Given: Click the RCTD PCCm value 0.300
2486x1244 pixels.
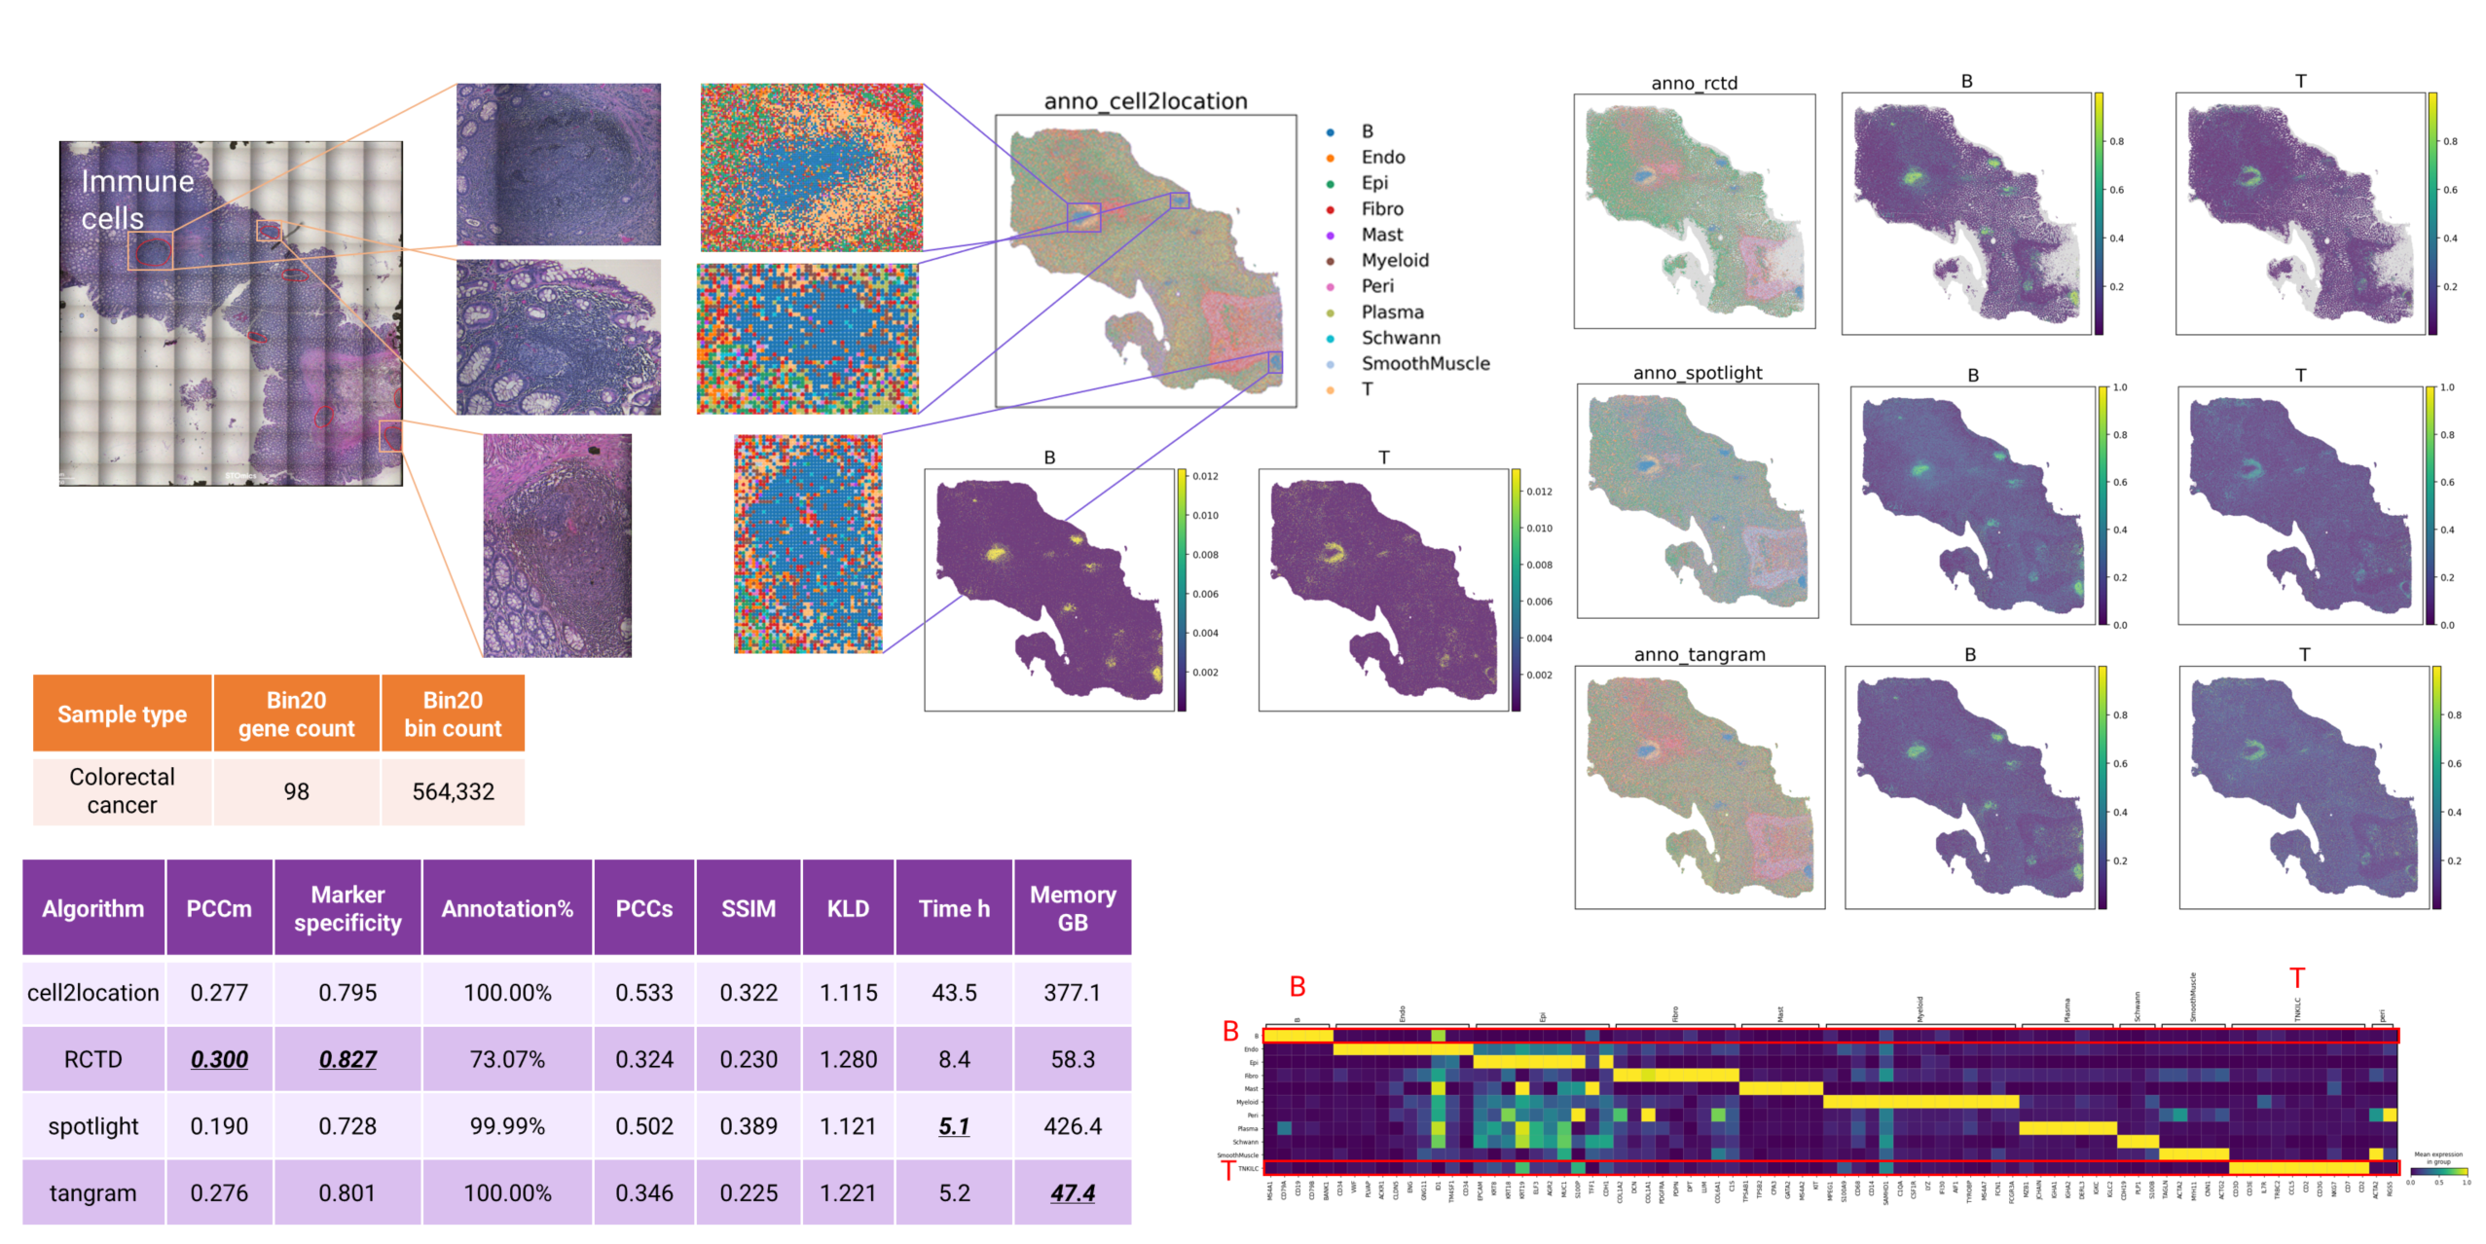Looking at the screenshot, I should [x=219, y=1059].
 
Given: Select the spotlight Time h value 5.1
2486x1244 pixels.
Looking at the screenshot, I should [x=953, y=1126].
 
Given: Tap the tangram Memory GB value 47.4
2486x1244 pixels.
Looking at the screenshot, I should [x=1072, y=1192].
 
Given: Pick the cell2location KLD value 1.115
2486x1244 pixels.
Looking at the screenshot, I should [x=847, y=993].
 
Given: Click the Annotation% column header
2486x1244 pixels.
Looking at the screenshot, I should [x=506, y=908].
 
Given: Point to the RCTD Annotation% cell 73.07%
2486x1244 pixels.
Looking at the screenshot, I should [x=506, y=1059].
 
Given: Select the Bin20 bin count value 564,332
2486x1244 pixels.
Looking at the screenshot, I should [x=453, y=791].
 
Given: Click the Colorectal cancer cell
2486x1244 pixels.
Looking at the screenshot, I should [x=122, y=790].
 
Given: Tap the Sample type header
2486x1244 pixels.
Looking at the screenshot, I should [x=122, y=714].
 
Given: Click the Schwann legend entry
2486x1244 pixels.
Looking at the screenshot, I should [x=1400, y=338].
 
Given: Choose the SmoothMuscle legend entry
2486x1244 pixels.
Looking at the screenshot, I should [x=1424, y=363].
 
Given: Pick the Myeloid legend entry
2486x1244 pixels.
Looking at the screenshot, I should [x=1394, y=260].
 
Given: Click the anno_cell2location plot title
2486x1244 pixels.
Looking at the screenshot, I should [x=1145, y=101].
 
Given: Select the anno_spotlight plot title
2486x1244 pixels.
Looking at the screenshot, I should [x=1697, y=373].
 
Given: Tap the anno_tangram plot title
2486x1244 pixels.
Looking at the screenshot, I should [x=1699, y=655].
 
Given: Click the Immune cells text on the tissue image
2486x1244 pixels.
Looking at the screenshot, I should [x=136, y=200].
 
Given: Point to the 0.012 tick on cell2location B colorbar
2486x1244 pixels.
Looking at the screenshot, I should [x=1205, y=476].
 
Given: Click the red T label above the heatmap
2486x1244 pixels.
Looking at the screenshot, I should [x=2296, y=977].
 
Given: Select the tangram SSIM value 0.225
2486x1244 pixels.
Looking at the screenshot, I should [x=748, y=1192].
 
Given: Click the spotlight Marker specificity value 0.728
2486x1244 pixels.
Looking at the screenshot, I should [x=347, y=1126].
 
